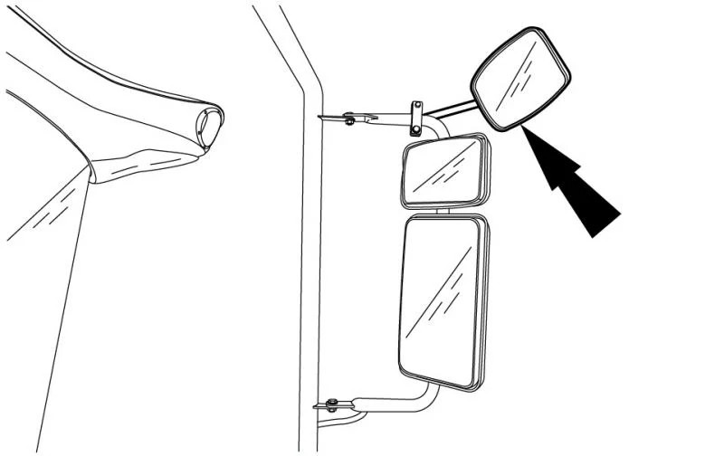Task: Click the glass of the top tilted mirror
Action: point(521,79)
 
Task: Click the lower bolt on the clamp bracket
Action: point(415,129)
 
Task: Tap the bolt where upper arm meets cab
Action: point(349,118)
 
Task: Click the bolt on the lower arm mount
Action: point(332,404)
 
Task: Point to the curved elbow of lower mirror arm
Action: point(426,398)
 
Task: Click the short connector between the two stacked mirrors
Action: point(443,212)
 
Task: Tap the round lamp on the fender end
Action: point(211,127)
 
